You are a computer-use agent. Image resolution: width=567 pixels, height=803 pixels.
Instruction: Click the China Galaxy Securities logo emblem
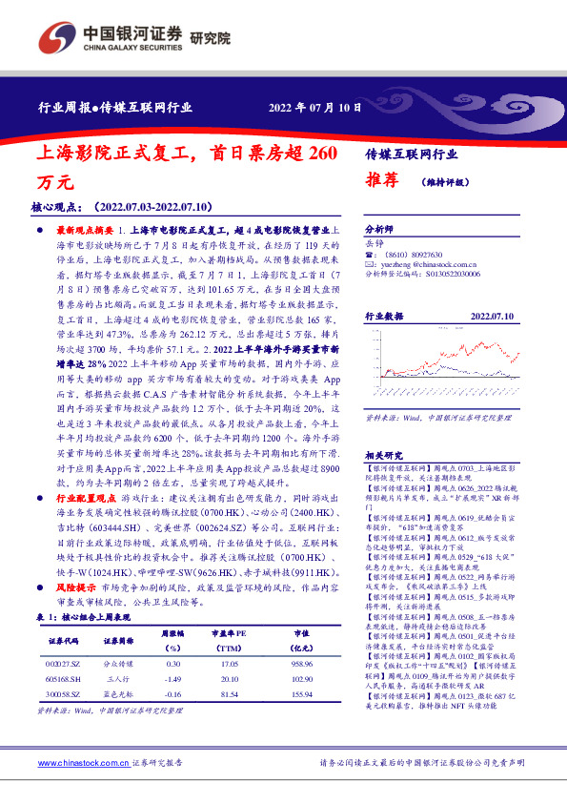59,36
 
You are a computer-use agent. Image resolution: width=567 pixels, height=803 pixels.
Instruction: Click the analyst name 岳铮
375,244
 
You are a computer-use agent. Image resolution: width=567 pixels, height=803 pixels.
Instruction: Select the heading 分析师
379,231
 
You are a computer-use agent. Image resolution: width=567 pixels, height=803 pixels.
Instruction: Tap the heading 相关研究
385,454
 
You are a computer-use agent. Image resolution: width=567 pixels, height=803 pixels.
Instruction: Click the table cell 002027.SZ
68,662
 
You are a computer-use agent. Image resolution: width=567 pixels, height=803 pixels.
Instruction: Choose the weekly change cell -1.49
172,676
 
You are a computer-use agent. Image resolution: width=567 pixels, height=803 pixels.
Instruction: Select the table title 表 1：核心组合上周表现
87,617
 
